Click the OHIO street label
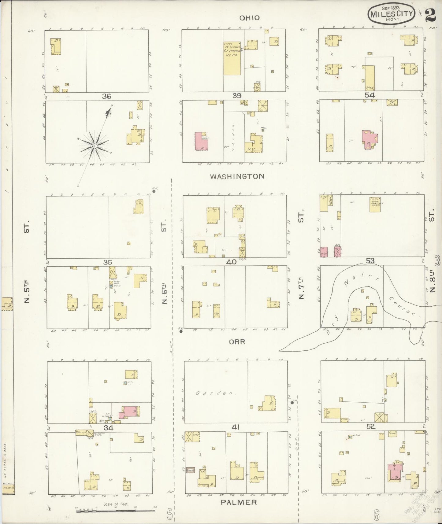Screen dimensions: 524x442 249,18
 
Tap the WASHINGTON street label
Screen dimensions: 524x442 237,176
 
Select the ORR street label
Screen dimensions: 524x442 237,341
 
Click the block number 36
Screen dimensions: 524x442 106,96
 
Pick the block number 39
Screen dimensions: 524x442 237,95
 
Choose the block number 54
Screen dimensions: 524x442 370,95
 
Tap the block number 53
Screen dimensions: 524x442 370,261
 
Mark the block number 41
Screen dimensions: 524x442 235,427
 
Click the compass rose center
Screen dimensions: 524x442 95,146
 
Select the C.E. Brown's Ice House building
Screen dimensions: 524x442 232,58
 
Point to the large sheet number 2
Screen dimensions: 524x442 430,14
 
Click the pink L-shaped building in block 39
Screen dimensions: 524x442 200,142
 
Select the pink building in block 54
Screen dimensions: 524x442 370,139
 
